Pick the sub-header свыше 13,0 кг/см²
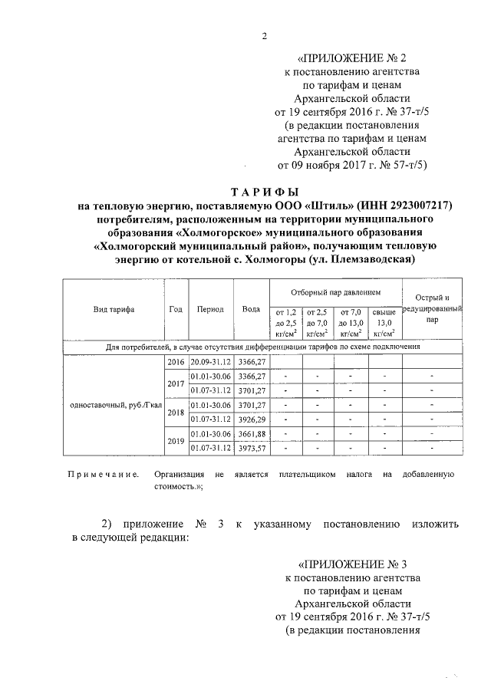pyautogui.click(x=385, y=323)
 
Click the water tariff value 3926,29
pyautogui.click(x=251, y=419)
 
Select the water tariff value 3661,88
pyautogui.click(x=251, y=434)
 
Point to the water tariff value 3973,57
pyautogui.click(x=251, y=448)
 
